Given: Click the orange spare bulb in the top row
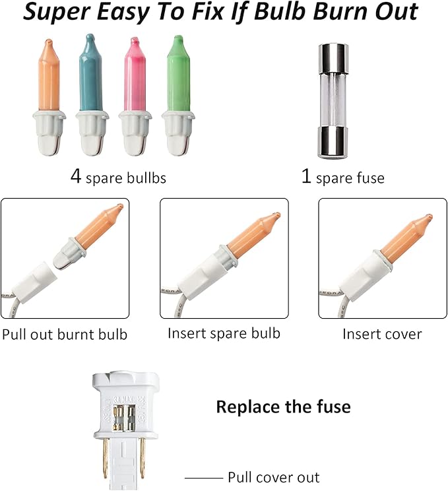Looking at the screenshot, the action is (49, 97).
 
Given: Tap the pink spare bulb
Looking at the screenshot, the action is (135, 96).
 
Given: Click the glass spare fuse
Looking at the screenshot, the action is (333, 101).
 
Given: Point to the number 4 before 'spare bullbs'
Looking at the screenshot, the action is (76, 176).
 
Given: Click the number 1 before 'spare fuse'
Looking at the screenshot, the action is (306, 176).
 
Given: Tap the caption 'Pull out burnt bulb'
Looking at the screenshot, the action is (65, 335).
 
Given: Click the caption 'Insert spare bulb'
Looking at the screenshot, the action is (224, 333).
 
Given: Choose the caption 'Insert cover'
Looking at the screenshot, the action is (382, 334).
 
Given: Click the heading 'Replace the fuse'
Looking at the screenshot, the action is (283, 407).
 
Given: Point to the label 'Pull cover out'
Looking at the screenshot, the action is (274, 478).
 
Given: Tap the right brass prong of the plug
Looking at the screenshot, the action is (143, 458).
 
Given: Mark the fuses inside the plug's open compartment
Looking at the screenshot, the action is (124, 417).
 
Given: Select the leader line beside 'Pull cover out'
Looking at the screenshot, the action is (203, 478).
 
